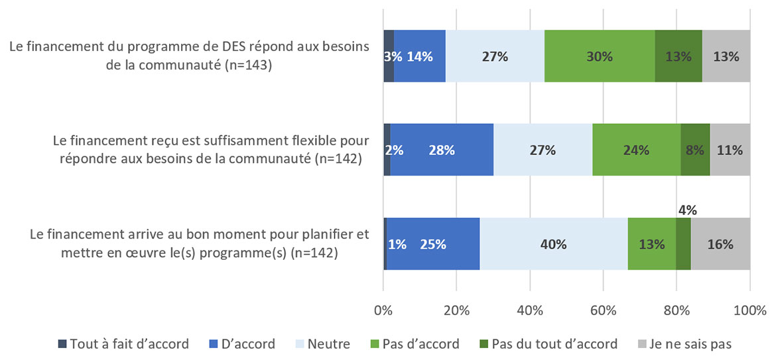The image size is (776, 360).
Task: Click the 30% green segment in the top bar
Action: [600, 57]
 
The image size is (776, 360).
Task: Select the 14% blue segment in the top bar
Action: [420, 57]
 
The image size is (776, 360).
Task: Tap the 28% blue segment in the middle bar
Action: [441, 150]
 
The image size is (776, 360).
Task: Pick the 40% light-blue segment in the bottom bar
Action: [553, 244]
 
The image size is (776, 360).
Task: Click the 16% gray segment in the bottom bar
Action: [720, 244]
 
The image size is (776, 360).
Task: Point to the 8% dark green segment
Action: [695, 150]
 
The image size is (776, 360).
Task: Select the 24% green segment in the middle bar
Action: [635, 150]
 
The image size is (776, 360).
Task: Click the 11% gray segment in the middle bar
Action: [730, 150]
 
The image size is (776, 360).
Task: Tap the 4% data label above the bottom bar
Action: [687, 210]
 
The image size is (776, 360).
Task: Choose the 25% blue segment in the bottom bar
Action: [433, 244]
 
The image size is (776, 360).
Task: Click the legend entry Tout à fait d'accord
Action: [123, 344]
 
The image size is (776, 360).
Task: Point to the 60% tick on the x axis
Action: [603, 310]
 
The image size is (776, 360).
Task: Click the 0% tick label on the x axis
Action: [383, 310]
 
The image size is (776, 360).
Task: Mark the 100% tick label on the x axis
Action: [749, 310]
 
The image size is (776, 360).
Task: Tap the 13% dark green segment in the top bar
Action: [678, 57]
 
